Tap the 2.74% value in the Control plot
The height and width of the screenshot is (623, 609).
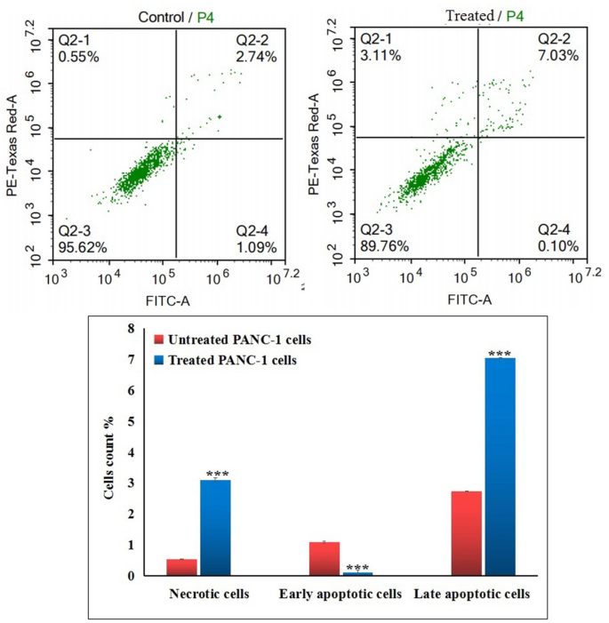click(x=256, y=56)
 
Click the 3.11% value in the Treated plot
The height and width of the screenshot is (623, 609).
click(x=381, y=55)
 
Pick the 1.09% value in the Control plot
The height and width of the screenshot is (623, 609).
click(x=256, y=246)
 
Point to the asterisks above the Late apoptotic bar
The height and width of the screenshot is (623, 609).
click(x=501, y=353)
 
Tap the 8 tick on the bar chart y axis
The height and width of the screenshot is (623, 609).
click(x=131, y=329)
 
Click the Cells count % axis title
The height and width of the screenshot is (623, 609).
click(x=109, y=453)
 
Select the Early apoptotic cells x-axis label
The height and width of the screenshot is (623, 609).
click(x=341, y=593)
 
